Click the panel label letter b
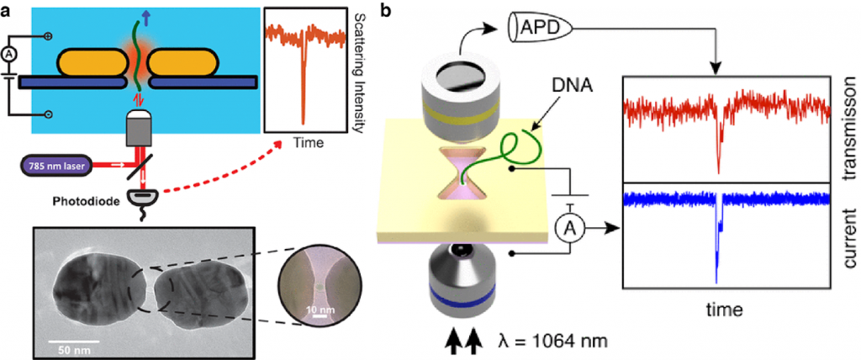pyautogui.click(x=385, y=11)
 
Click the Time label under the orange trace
pyautogui.click(x=308, y=143)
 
